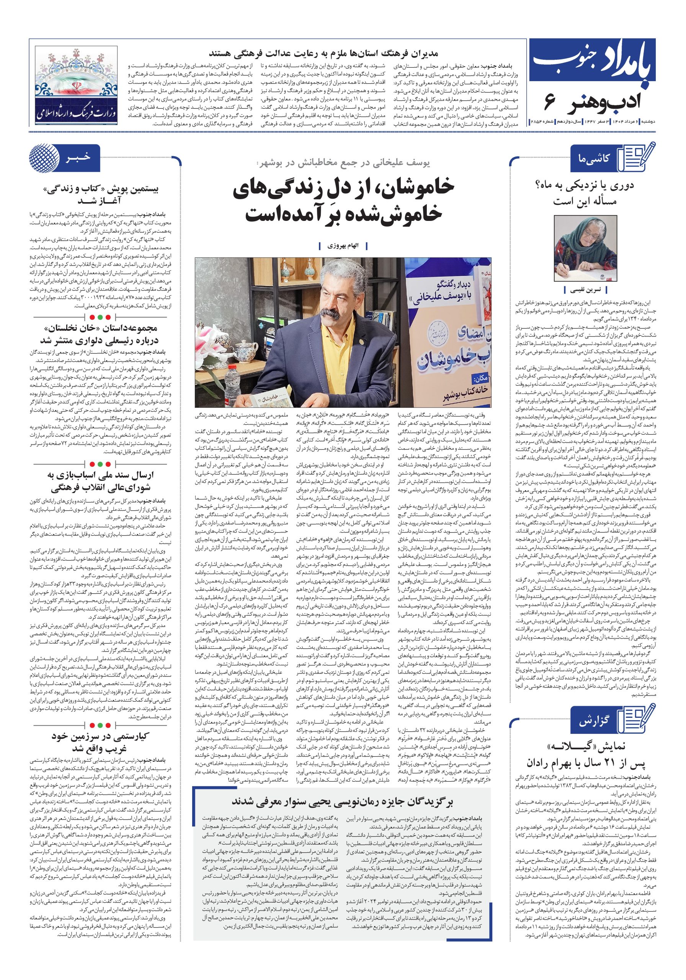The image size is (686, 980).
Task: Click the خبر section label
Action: [77, 159]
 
